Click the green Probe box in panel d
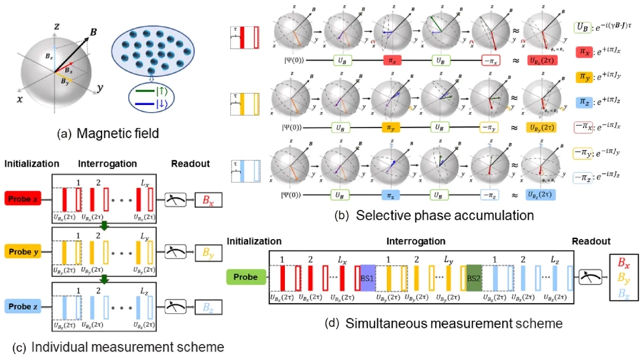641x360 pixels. point(246,277)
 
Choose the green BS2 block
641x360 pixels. point(475,278)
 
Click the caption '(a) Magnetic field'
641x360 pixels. point(108,134)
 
